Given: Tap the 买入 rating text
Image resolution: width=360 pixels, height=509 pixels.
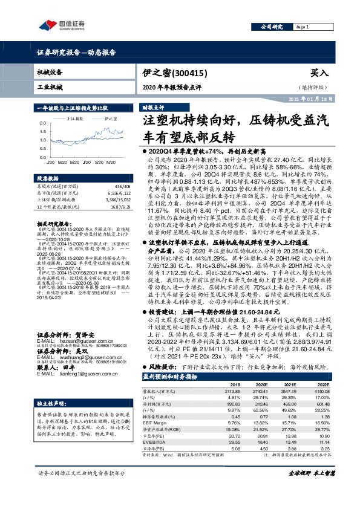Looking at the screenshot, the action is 319,73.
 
